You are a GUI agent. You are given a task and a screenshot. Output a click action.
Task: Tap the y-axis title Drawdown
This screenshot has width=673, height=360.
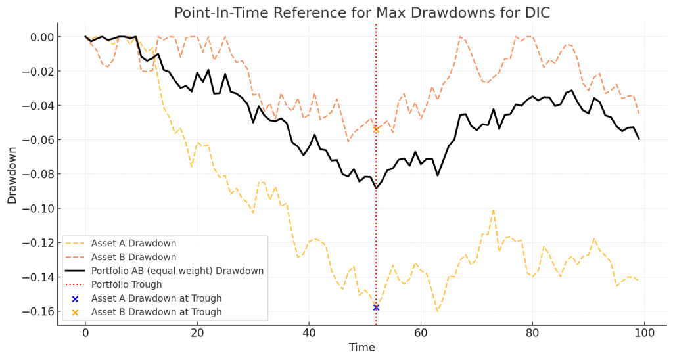tap(12, 174)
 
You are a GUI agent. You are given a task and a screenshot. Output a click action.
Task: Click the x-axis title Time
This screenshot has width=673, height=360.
tap(362, 348)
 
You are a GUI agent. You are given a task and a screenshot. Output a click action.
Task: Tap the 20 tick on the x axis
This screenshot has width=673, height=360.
tap(197, 333)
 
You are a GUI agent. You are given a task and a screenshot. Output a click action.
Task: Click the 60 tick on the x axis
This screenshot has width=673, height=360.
tap(421, 333)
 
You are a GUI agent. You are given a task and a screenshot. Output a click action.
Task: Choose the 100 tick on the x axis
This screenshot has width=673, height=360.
tap(645, 333)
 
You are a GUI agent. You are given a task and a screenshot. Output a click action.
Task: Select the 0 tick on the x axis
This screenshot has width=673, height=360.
tap(85, 333)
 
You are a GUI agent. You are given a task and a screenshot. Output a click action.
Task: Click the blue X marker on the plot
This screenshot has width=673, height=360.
tap(376, 307)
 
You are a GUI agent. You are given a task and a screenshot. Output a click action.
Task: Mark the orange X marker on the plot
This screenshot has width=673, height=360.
tap(376, 129)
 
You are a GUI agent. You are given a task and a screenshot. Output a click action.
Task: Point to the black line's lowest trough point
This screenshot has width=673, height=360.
tap(376, 189)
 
